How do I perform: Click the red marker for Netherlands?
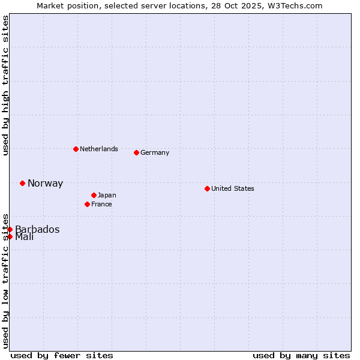(x=76, y=149)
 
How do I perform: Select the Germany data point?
(x=136, y=152)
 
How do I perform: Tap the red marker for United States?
(x=207, y=188)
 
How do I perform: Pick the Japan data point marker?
(x=94, y=195)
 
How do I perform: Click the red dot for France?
(x=87, y=204)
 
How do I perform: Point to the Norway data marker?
(x=22, y=183)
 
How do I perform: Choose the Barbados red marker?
(x=10, y=229)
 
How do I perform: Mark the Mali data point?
(x=10, y=236)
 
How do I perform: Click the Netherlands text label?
(x=98, y=149)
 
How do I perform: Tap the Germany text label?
(x=155, y=152)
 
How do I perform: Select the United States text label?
(x=232, y=188)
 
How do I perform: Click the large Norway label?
(x=45, y=184)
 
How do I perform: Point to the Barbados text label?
(x=37, y=229)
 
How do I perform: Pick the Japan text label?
(x=107, y=195)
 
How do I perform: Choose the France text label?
(x=101, y=204)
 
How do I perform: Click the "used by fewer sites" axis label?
(x=62, y=355)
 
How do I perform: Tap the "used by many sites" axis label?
(x=301, y=355)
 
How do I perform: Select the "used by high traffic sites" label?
(x=5, y=86)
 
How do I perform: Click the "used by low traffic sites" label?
(x=5, y=281)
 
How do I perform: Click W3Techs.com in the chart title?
(x=296, y=5)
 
